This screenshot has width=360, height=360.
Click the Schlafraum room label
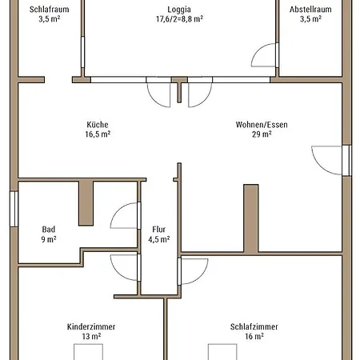[x=49, y=10]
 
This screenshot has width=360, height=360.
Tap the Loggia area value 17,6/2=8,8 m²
[x=179, y=19]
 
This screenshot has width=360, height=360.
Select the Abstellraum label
[x=310, y=10]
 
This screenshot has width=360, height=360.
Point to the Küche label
[x=98, y=125]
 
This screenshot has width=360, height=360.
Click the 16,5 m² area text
[x=98, y=134]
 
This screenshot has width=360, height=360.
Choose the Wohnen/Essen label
[x=262, y=125]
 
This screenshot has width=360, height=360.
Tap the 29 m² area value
[x=262, y=134]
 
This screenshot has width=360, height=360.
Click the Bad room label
[x=49, y=230]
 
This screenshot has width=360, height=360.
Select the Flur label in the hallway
[x=159, y=230]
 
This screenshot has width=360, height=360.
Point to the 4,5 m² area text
[x=159, y=239]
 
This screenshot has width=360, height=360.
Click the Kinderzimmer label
[x=91, y=326]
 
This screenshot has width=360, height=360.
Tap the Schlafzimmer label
[x=254, y=326]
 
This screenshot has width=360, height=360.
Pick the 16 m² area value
[x=254, y=336]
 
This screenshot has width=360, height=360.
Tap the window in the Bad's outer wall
[x=14, y=209]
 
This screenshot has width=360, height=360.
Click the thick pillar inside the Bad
[x=86, y=203]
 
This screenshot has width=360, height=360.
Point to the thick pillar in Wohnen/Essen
[x=251, y=218]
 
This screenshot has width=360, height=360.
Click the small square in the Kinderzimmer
[x=88, y=352]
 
